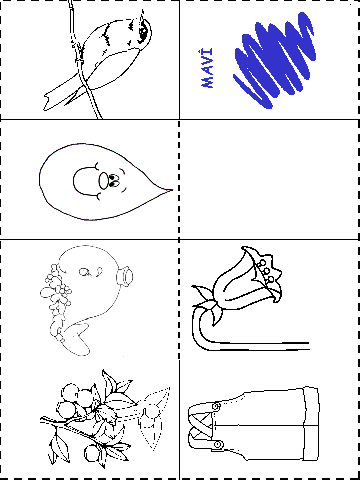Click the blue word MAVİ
click(x=207, y=68)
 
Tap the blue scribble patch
click(x=275, y=60)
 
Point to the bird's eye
click(x=143, y=32)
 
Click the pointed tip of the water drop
click(x=172, y=190)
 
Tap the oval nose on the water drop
click(x=104, y=181)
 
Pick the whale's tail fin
click(x=77, y=340)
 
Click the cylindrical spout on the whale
click(x=126, y=276)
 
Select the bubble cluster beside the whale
click(x=56, y=300)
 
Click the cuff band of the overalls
click(x=311, y=424)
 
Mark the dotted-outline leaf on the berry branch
click(x=153, y=420)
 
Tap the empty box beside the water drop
click(x=269, y=179)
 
